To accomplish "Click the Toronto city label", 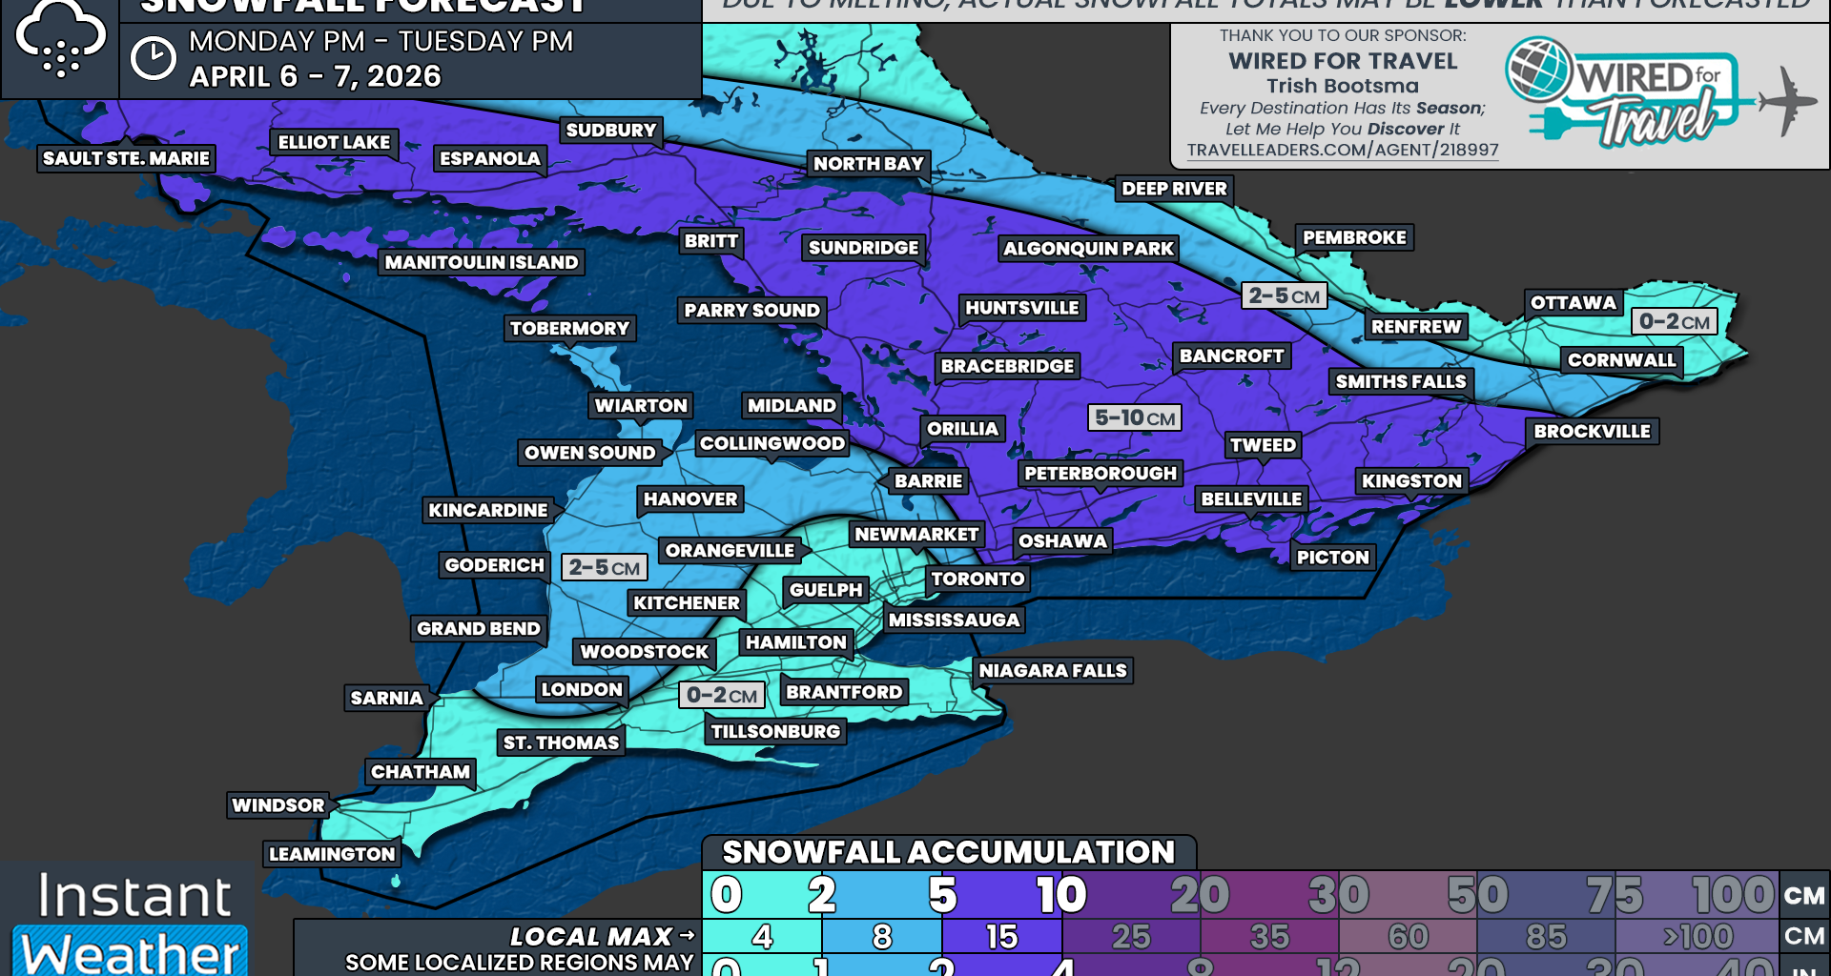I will [x=977, y=579].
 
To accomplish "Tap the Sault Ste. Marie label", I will [x=126, y=158].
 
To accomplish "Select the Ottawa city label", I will [x=1573, y=303].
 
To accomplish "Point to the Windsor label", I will [x=278, y=805].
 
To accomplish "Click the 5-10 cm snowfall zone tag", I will [x=1134, y=417].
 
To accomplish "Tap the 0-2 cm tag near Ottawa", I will [x=1674, y=321].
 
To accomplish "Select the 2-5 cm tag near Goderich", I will [x=604, y=567].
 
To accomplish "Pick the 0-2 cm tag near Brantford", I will [x=721, y=695].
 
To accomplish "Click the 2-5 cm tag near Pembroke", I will [x=1284, y=295].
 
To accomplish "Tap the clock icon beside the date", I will [x=153, y=59].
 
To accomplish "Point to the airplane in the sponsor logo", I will [x=1785, y=99].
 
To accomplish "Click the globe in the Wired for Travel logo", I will [x=1537, y=69].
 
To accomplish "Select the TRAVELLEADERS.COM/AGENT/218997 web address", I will [x=1342, y=150].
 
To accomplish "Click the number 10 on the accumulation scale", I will [x=1061, y=894].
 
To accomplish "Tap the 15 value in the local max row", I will [x=1001, y=937].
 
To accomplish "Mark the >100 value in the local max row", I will [x=1697, y=937].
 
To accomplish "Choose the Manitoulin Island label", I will [x=481, y=262].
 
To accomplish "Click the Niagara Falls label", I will [x=1052, y=671].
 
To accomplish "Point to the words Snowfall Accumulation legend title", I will [x=948, y=852].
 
